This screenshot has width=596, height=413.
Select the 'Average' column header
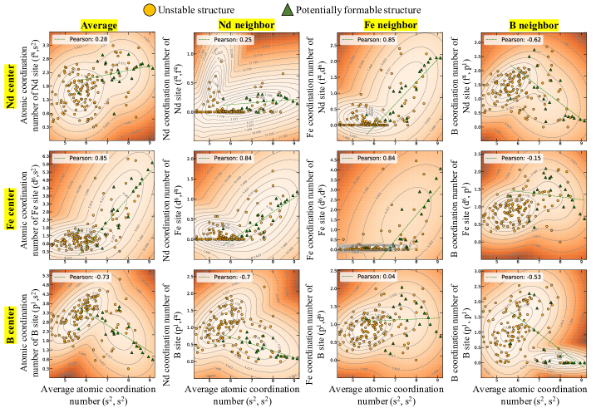(100, 26)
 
